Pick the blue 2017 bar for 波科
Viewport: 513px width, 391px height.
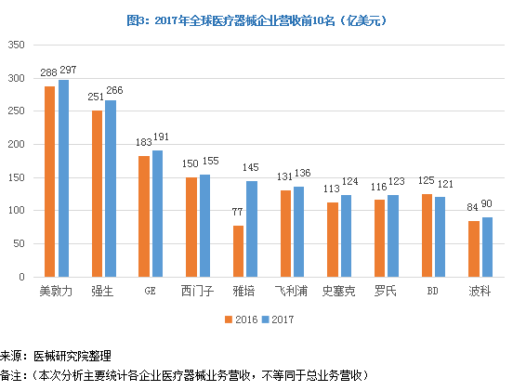click(x=487, y=247)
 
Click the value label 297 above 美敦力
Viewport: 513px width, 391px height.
click(x=67, y=71)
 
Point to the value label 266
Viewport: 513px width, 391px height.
click(x=114, y=91)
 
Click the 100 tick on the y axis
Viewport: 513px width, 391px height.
click(x=17, y=211)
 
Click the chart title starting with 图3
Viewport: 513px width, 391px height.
click(x=256, y=20)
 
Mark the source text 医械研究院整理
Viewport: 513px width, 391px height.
click(x=72, y=355)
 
